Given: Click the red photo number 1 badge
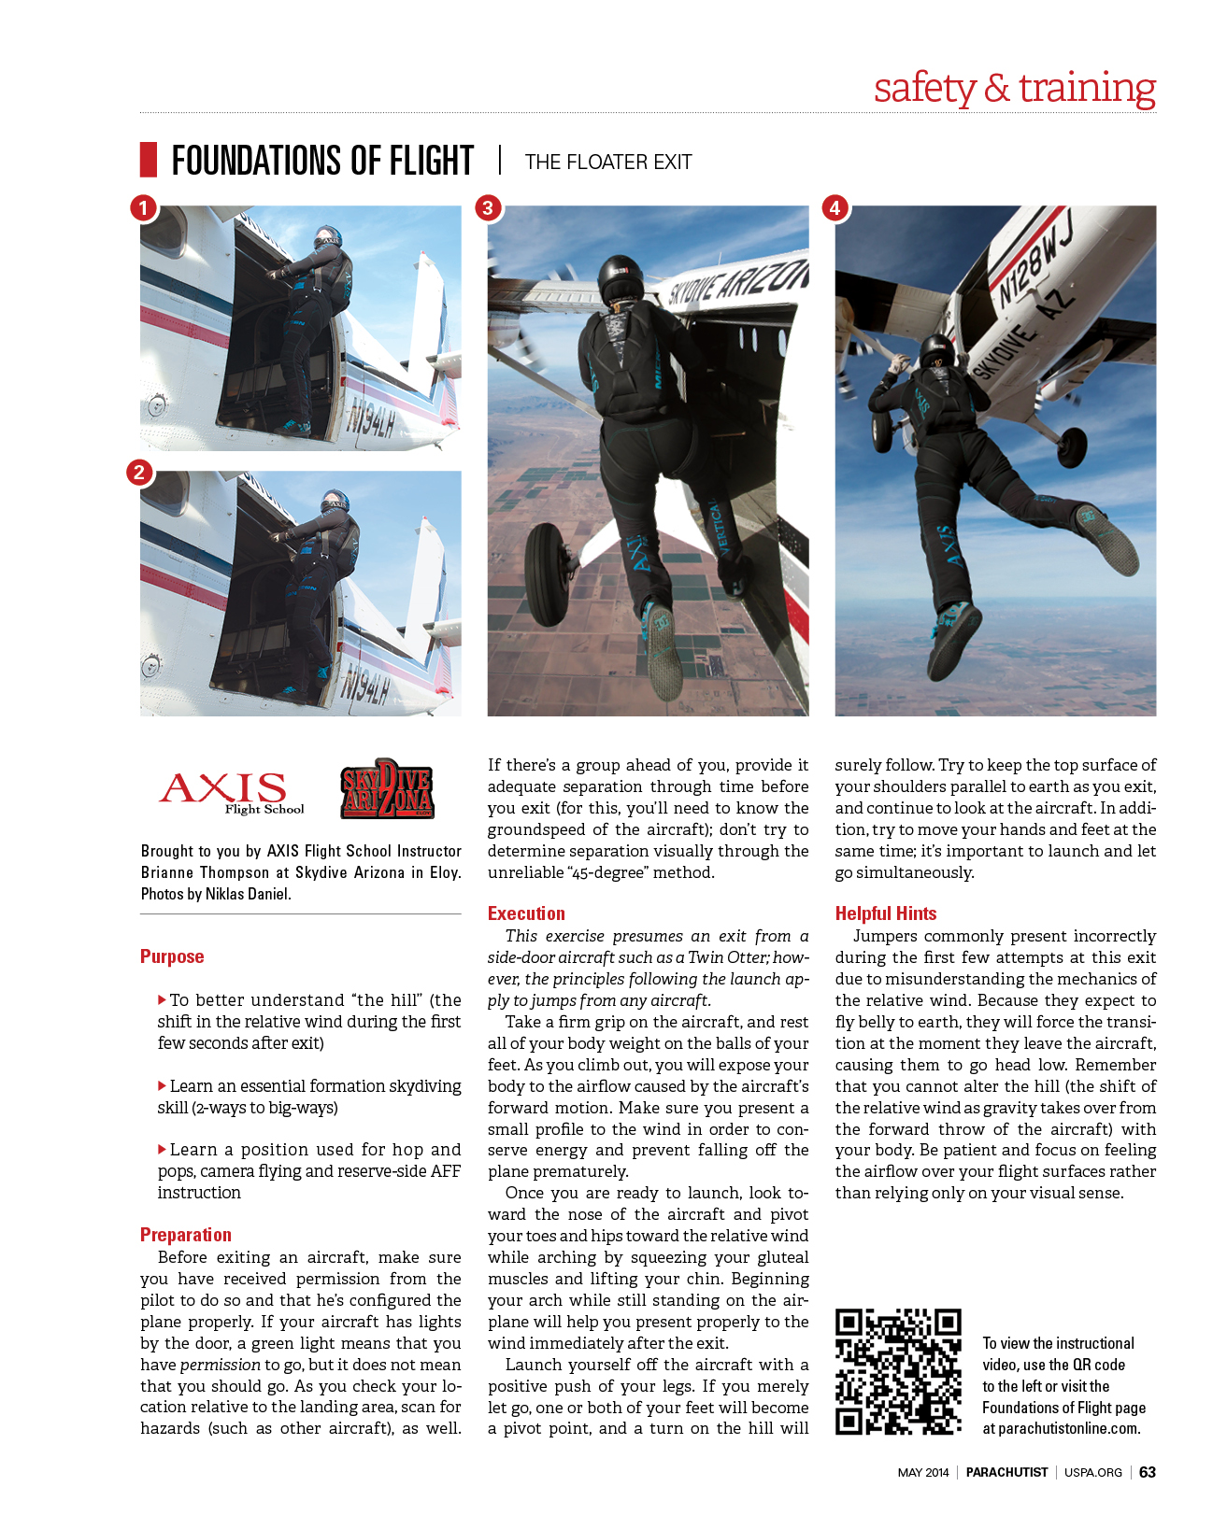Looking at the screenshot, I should pos(143,207).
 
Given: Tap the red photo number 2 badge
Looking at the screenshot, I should pos(139,473).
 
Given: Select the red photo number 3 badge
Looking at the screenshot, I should pos(488,207).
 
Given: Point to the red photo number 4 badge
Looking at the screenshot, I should pos(835,207).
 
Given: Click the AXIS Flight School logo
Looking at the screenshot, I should pos(230,792).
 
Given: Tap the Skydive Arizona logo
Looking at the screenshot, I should pos(387,789).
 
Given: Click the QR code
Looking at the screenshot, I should pos(898,1371).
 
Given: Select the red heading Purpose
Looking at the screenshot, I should pos(172,956).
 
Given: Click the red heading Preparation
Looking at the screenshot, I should pos(186,1235).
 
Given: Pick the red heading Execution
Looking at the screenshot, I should pos(526,913).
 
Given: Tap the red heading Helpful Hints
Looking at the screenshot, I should pos(886,913).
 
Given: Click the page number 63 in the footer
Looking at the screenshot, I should pos(1148,1472).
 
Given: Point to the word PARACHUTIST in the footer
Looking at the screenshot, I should pos(1006,1472).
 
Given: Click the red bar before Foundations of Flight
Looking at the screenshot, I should pos(149,160).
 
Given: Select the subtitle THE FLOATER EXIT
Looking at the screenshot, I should pos(608,163).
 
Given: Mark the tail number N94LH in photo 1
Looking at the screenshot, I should pos(370,423).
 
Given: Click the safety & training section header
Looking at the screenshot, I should pos(1015,88).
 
